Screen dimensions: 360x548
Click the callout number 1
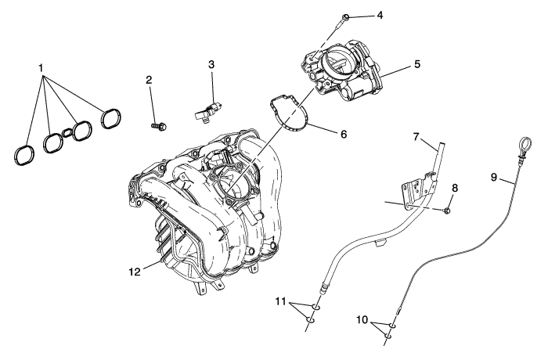pos(41,69)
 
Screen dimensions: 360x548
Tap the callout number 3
pos(211,63)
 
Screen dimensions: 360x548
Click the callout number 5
pos(417,64)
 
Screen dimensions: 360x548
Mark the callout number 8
pos(454,188)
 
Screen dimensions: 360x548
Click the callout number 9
pos(494,178)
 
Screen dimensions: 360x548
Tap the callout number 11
pos(280,301)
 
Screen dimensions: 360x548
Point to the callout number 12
pos(134,272)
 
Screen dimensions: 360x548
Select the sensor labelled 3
pos(207,109)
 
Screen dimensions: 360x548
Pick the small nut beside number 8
pos(445,210)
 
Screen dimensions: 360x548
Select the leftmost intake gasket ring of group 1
pos(24,153)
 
